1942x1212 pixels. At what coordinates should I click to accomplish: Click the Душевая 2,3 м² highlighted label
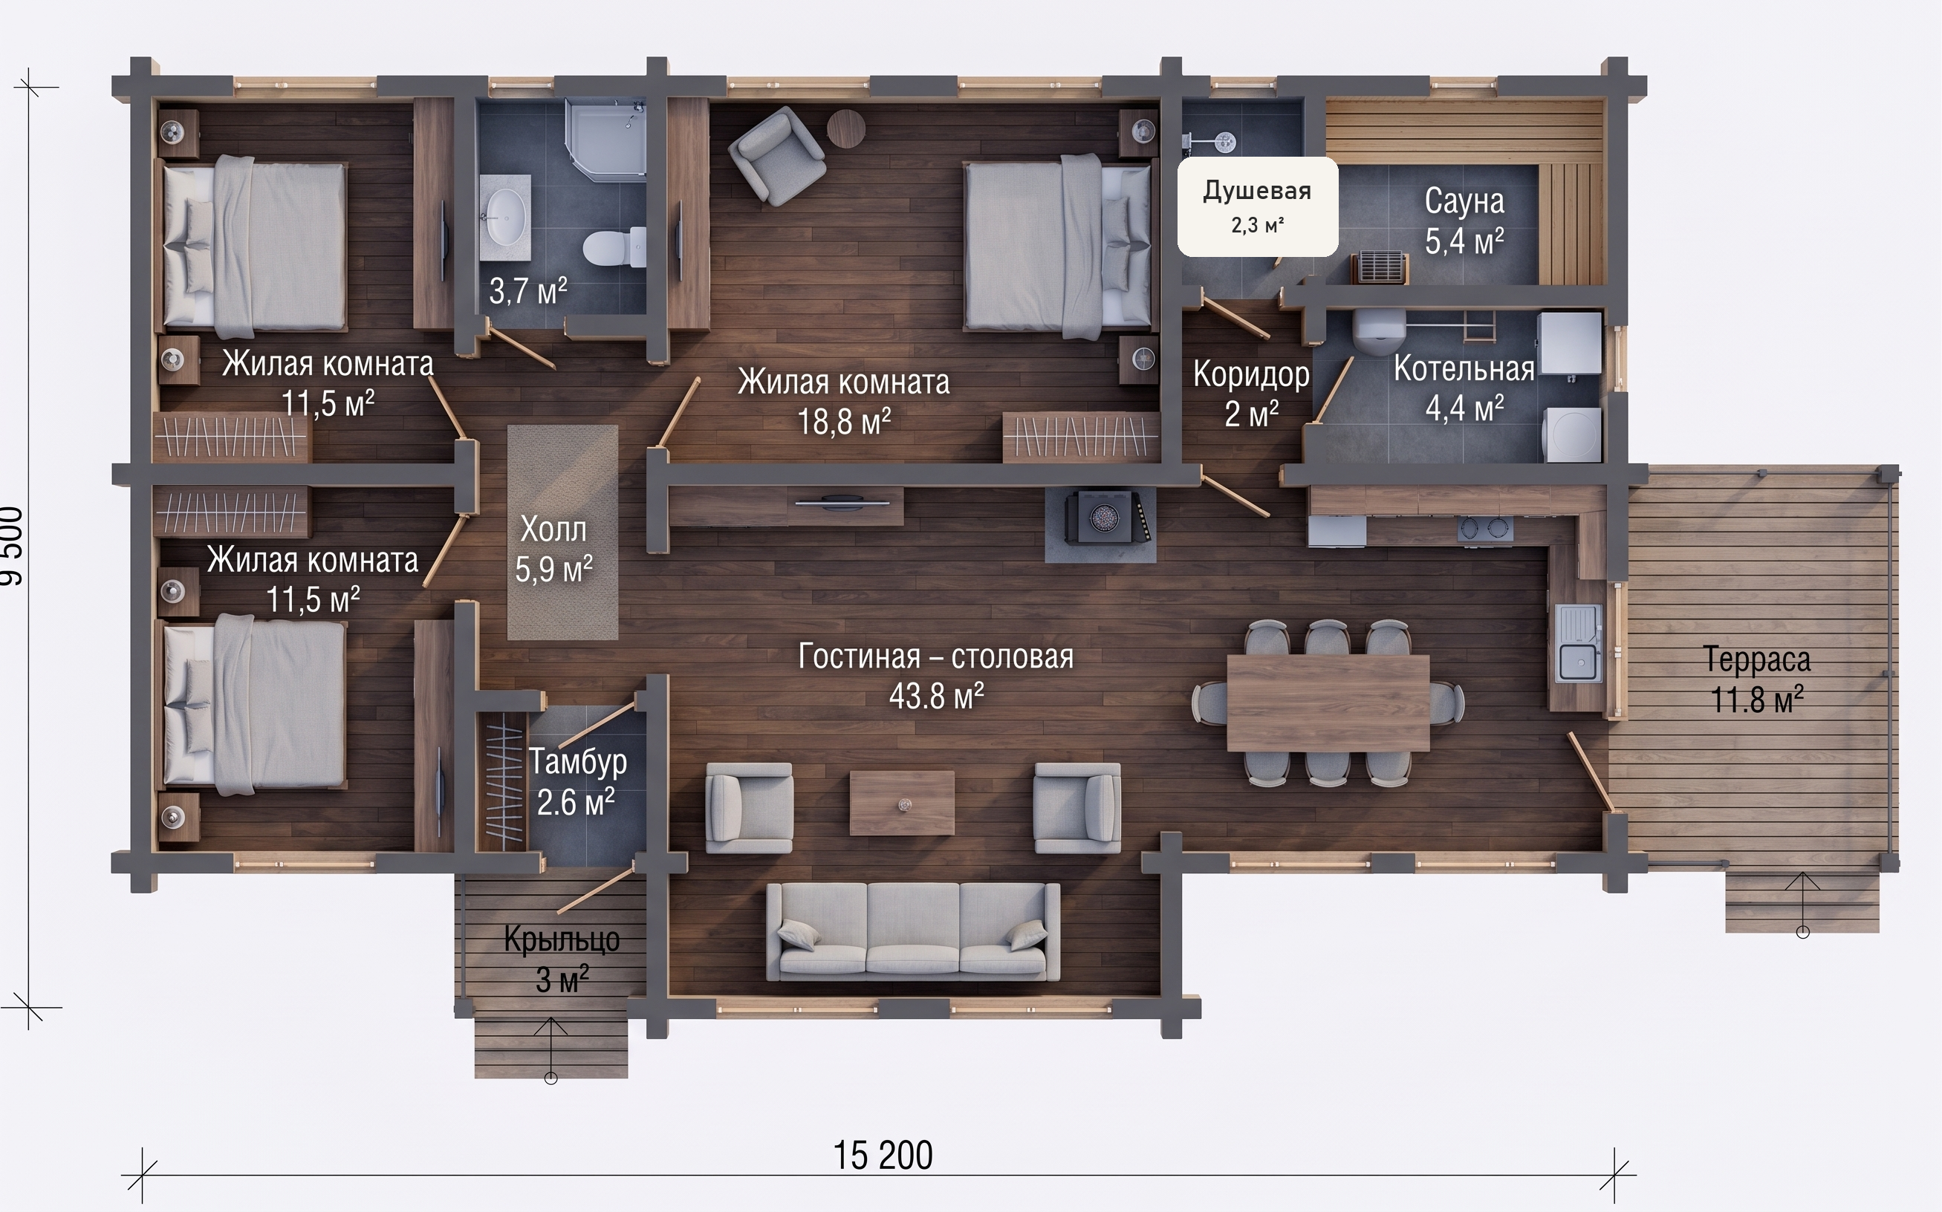coord(1257,206)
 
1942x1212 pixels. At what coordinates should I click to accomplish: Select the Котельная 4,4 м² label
coord(1464,388)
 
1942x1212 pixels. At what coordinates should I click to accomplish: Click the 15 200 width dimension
coord(883,1155)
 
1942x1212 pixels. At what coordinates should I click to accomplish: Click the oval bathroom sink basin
coord(505,216)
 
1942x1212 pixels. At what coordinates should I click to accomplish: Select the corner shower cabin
coord(605,138)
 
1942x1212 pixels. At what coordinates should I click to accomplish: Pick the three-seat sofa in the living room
coord(912,931)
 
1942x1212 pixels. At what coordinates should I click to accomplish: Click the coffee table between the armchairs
coord(902,802)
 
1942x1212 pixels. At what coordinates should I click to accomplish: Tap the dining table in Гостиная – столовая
coord(1328,703)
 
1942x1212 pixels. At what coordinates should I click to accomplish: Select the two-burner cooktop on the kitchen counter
coord(1485,529)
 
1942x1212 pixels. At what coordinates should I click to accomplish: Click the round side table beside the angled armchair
coord(846,128)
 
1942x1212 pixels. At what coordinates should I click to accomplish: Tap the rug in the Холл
coord(563,532)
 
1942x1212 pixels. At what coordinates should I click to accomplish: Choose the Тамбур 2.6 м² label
coord(577,781)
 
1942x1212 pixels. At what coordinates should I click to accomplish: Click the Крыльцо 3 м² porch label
coord(562,959)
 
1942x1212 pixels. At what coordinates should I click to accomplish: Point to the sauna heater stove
coord(1380,267)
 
